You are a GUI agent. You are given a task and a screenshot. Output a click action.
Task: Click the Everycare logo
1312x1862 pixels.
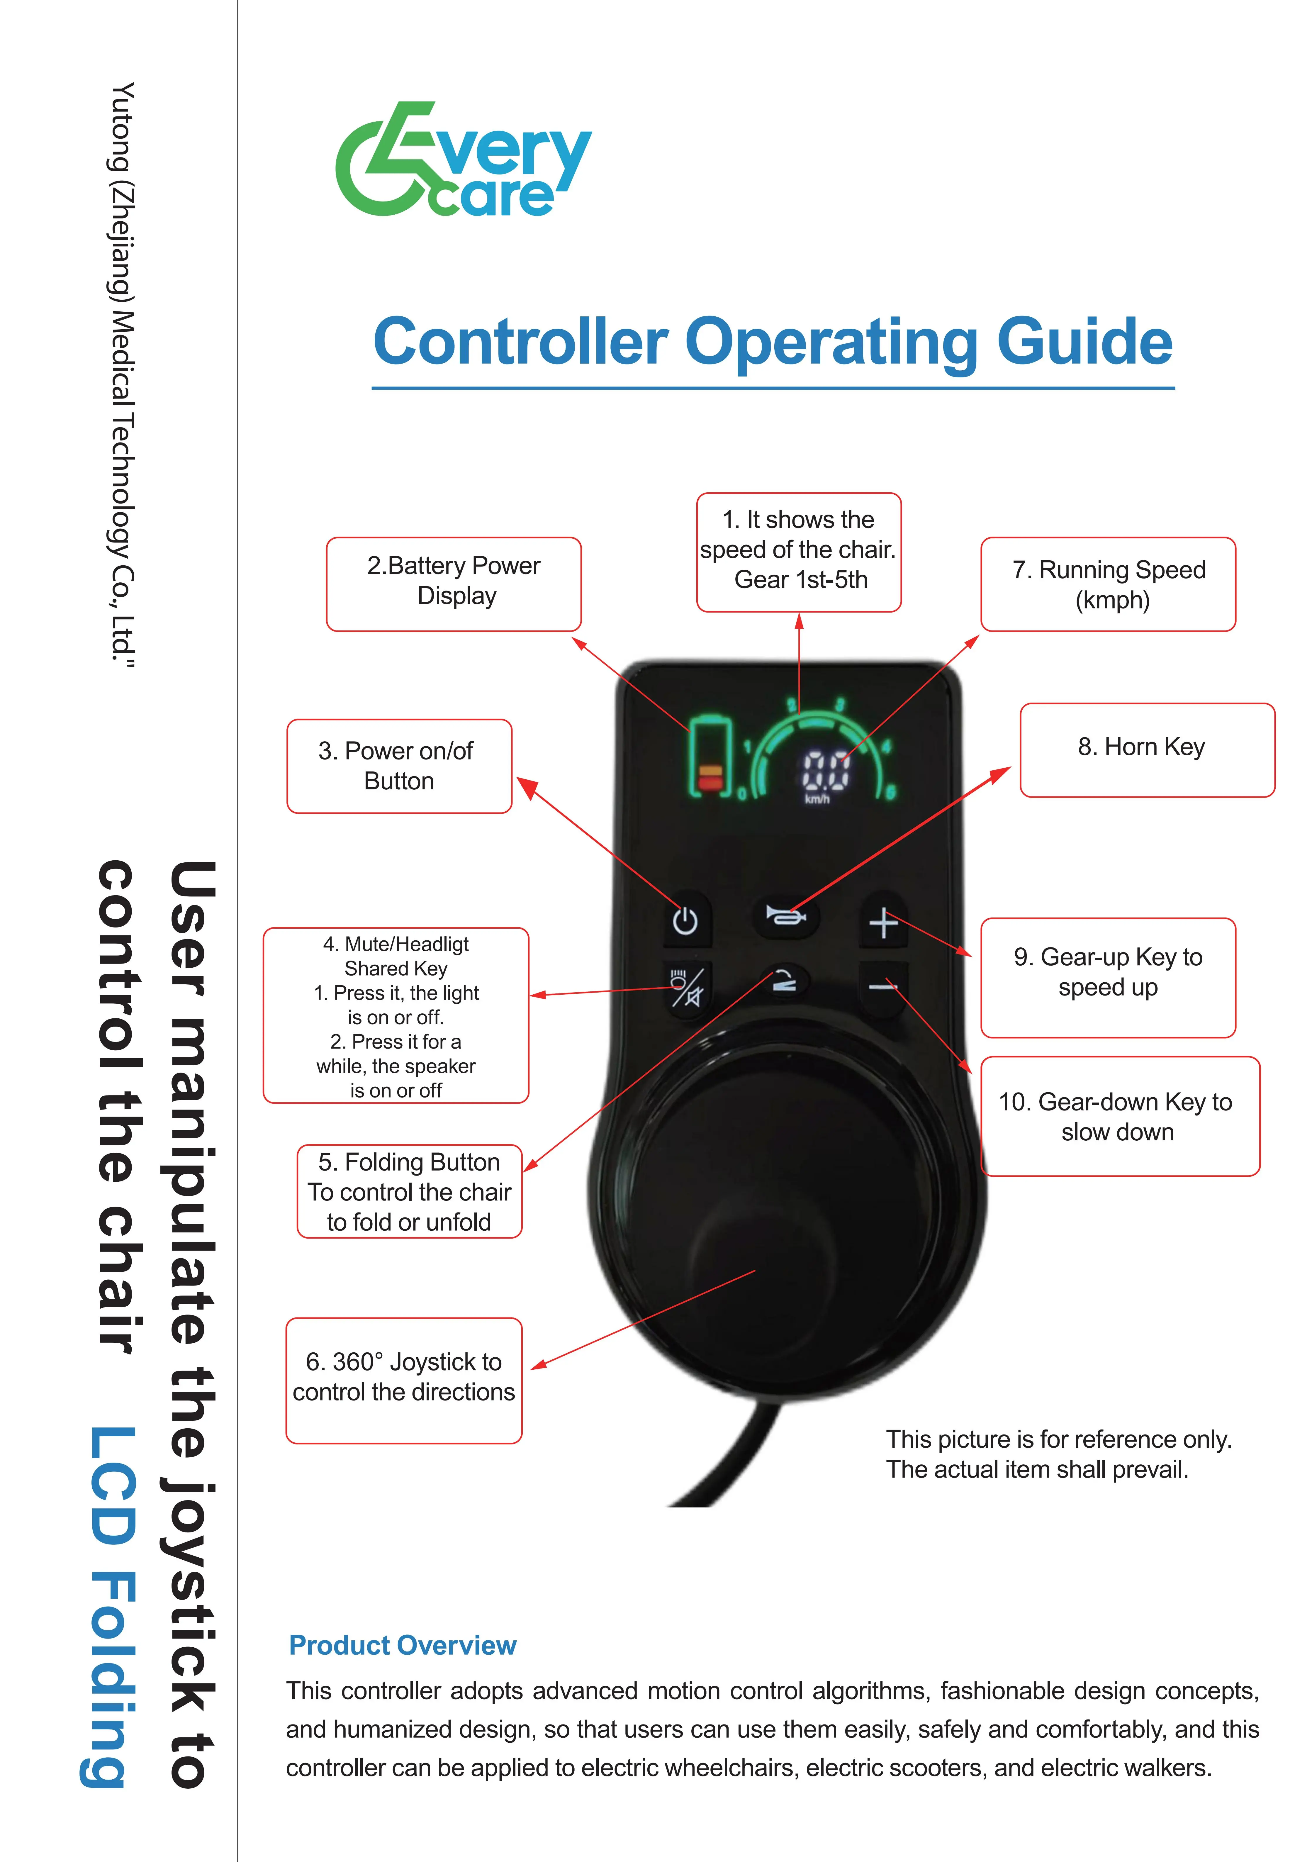tap(463, 159)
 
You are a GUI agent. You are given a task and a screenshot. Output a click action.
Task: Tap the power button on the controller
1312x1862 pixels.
tap(686, 921)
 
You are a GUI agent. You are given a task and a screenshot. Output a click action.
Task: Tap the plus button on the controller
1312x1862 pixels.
tap(883, 923)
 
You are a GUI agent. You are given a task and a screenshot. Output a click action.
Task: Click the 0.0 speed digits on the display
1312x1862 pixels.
tap(826, 770)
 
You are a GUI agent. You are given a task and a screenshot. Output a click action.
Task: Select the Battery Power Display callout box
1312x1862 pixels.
tap(454, 584)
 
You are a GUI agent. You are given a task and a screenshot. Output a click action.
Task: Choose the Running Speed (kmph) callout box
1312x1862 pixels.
tap(1109, 584)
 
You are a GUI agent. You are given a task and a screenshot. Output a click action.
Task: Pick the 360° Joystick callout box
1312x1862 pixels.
tap(404, 1380)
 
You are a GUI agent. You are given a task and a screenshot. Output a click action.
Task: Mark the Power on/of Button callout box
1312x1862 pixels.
tap(399, 766)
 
